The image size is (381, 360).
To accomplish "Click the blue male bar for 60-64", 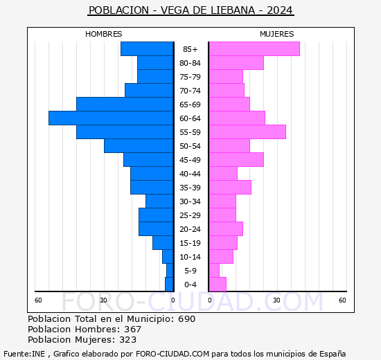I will click(x=111, y=118).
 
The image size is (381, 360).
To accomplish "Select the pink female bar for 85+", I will click(x=254, y=49).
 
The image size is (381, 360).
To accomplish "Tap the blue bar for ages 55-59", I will click(x=125, y=132).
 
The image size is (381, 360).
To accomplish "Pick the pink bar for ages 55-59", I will click(x=247, y=132).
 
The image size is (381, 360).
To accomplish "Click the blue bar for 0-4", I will click(x=169, y=285).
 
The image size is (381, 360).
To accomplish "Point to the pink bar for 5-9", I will click(x=214, y=271).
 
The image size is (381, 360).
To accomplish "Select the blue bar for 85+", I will click(x=147, y=49).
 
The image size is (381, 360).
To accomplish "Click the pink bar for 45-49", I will click(x=236, y=160).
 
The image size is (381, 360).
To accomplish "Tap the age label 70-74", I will click(x=190, y=91).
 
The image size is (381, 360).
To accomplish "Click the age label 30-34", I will click(x=190, y=201).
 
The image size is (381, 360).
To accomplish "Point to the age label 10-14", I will click(x=190, y=257).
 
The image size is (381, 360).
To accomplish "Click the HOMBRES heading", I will click(x=104, y=34).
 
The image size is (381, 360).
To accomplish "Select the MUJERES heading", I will click(x=276, y=34).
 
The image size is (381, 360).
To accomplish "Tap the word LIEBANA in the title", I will click(x=233, y=10).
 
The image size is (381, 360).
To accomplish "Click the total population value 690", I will click(x=186, y=319).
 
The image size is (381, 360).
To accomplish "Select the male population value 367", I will click(x=132, y=330).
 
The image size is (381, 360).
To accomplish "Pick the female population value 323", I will click(x=128, y=340).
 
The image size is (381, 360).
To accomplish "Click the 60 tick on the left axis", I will click(x=39, y=300).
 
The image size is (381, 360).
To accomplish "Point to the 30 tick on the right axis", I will click(x=276, y=300).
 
